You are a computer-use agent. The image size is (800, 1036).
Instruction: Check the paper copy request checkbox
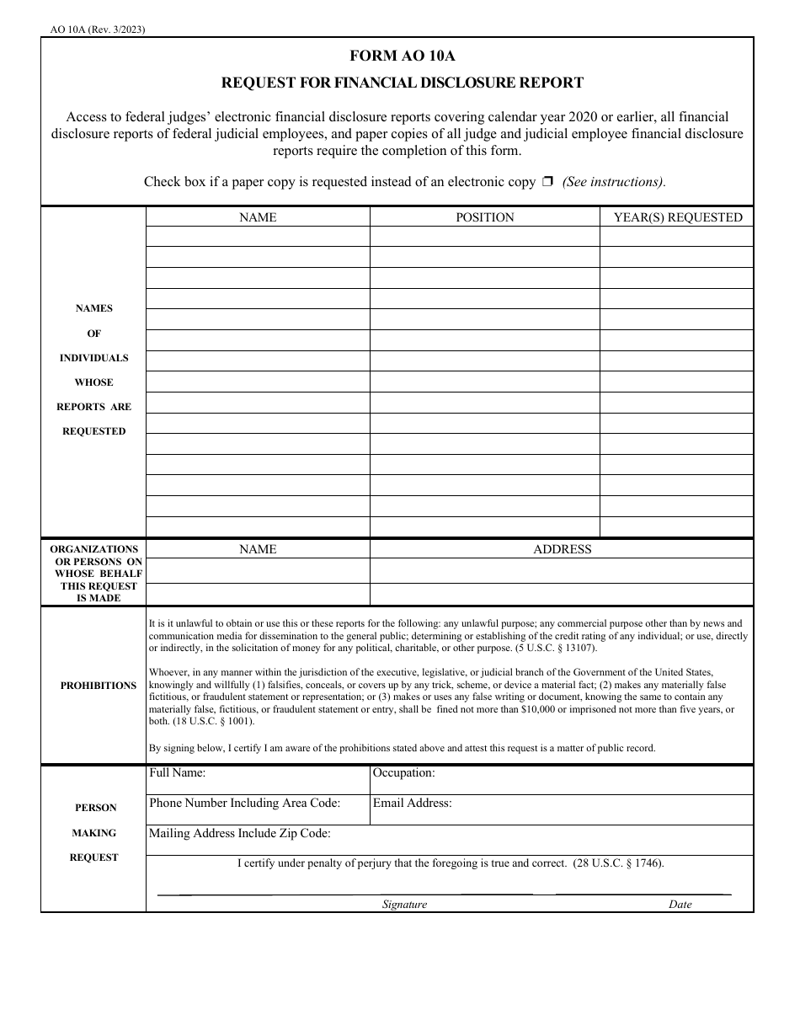[547, 182]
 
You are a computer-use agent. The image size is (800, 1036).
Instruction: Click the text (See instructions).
[614, 182]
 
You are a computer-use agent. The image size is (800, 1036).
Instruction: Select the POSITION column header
[484, 217]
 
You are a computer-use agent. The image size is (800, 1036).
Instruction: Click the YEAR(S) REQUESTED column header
[677, 217]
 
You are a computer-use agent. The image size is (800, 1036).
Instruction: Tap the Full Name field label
[177, 772]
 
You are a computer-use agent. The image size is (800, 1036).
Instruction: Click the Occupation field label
[403, 772]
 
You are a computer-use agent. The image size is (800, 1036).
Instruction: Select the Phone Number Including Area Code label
[244, 803]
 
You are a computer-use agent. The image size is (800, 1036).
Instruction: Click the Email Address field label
[412, 803]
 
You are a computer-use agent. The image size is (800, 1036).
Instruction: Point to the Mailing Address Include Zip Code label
[239, 834]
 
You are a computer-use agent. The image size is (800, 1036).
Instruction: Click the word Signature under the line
[404, 904]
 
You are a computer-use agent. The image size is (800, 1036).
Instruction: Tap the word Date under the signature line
[680, 904]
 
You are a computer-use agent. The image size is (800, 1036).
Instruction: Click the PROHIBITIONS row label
[98, 686]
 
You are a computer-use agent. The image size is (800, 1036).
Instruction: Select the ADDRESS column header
[562, 549]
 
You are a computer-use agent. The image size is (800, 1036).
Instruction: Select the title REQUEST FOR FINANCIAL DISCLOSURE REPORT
[401, 83]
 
